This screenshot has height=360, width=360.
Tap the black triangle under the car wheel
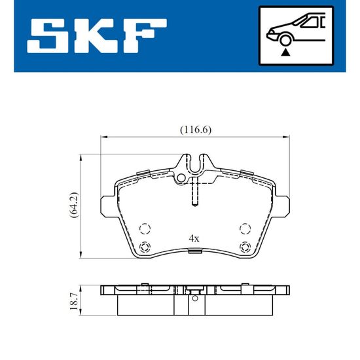[x=285, y=52]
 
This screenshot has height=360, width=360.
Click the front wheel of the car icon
[x=285, y=40]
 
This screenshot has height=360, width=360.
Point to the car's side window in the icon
[x=312, y=22]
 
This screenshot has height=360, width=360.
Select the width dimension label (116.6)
[x=196, y=130]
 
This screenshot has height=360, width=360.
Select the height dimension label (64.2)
[x=75, y=205]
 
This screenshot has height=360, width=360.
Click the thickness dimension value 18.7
[x=74, y=301]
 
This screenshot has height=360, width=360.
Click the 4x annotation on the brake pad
[x=194, y=239]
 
